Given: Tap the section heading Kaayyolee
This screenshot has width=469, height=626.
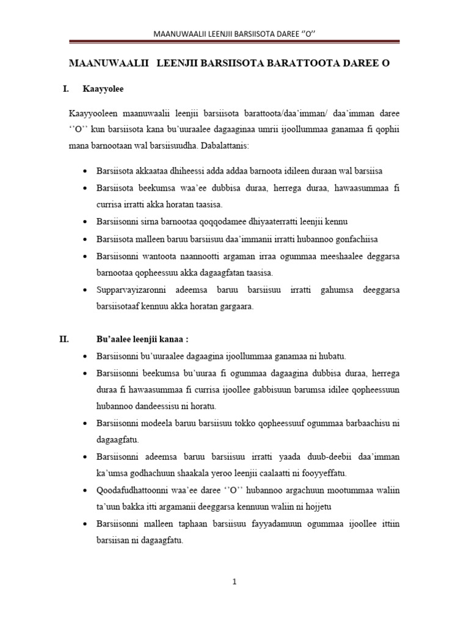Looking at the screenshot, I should coord(103,89).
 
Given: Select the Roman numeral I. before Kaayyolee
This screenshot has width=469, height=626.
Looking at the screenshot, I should coord(66,89).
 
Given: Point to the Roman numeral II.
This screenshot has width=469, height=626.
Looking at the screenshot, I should coord(65,339).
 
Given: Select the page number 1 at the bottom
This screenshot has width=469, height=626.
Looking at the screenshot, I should coord(234,582).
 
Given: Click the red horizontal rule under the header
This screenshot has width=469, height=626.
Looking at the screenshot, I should coord(234,42).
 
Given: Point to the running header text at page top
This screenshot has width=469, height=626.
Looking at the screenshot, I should coord(234,32).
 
